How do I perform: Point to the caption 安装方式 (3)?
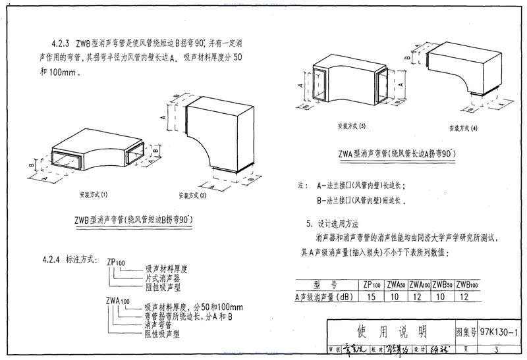350,125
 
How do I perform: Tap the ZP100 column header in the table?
372,284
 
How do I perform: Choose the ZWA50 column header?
395,284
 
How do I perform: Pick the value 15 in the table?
372,297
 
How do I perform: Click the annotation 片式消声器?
166,278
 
